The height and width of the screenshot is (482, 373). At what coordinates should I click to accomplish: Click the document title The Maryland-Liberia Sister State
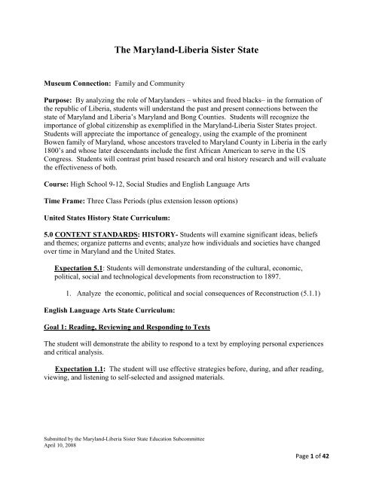186,50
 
